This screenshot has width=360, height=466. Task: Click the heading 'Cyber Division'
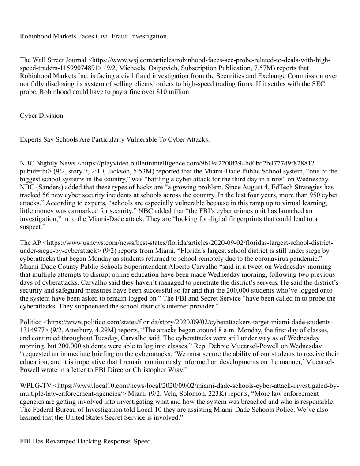pyautogui.click(x=41, y=116)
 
